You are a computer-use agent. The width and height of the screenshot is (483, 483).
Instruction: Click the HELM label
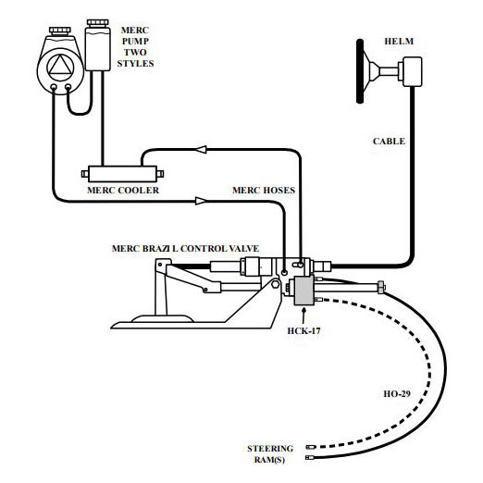399,42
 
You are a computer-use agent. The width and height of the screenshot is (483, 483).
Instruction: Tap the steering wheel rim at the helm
360,71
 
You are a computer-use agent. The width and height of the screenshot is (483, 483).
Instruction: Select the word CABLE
389,142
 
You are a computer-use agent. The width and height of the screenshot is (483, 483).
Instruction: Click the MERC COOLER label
123,190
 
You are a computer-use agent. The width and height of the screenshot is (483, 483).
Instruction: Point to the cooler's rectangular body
123,174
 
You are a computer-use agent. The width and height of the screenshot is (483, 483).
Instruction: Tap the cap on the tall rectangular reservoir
97,23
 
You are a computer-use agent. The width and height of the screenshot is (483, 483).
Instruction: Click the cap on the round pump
60,31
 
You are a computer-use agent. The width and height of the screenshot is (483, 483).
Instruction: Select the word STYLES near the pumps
135,64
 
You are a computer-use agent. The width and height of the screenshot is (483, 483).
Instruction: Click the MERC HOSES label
264,190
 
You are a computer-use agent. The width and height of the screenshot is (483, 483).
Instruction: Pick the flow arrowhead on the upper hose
201,150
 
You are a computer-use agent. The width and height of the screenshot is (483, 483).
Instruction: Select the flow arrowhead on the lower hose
201,201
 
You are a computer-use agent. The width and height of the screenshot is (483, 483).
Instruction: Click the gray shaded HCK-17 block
303,291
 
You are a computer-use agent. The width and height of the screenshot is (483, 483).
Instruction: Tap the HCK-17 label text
303,331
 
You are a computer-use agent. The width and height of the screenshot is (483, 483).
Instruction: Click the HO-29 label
397,394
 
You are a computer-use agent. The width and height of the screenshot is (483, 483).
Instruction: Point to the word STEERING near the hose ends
270,449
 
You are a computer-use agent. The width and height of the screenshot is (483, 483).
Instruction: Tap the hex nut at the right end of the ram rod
381,288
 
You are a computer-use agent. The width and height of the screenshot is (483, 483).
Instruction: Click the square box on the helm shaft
413,71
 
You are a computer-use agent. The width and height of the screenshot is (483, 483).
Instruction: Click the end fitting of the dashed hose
311,447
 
